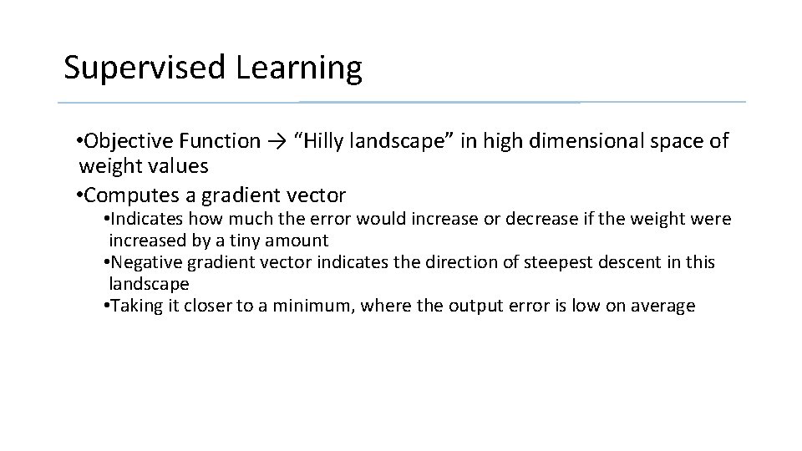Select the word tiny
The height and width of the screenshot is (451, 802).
click(x=255, y=241)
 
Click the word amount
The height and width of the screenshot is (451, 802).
click(x=300, y=241)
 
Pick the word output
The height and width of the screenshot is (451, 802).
click(x=471, y=306)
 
